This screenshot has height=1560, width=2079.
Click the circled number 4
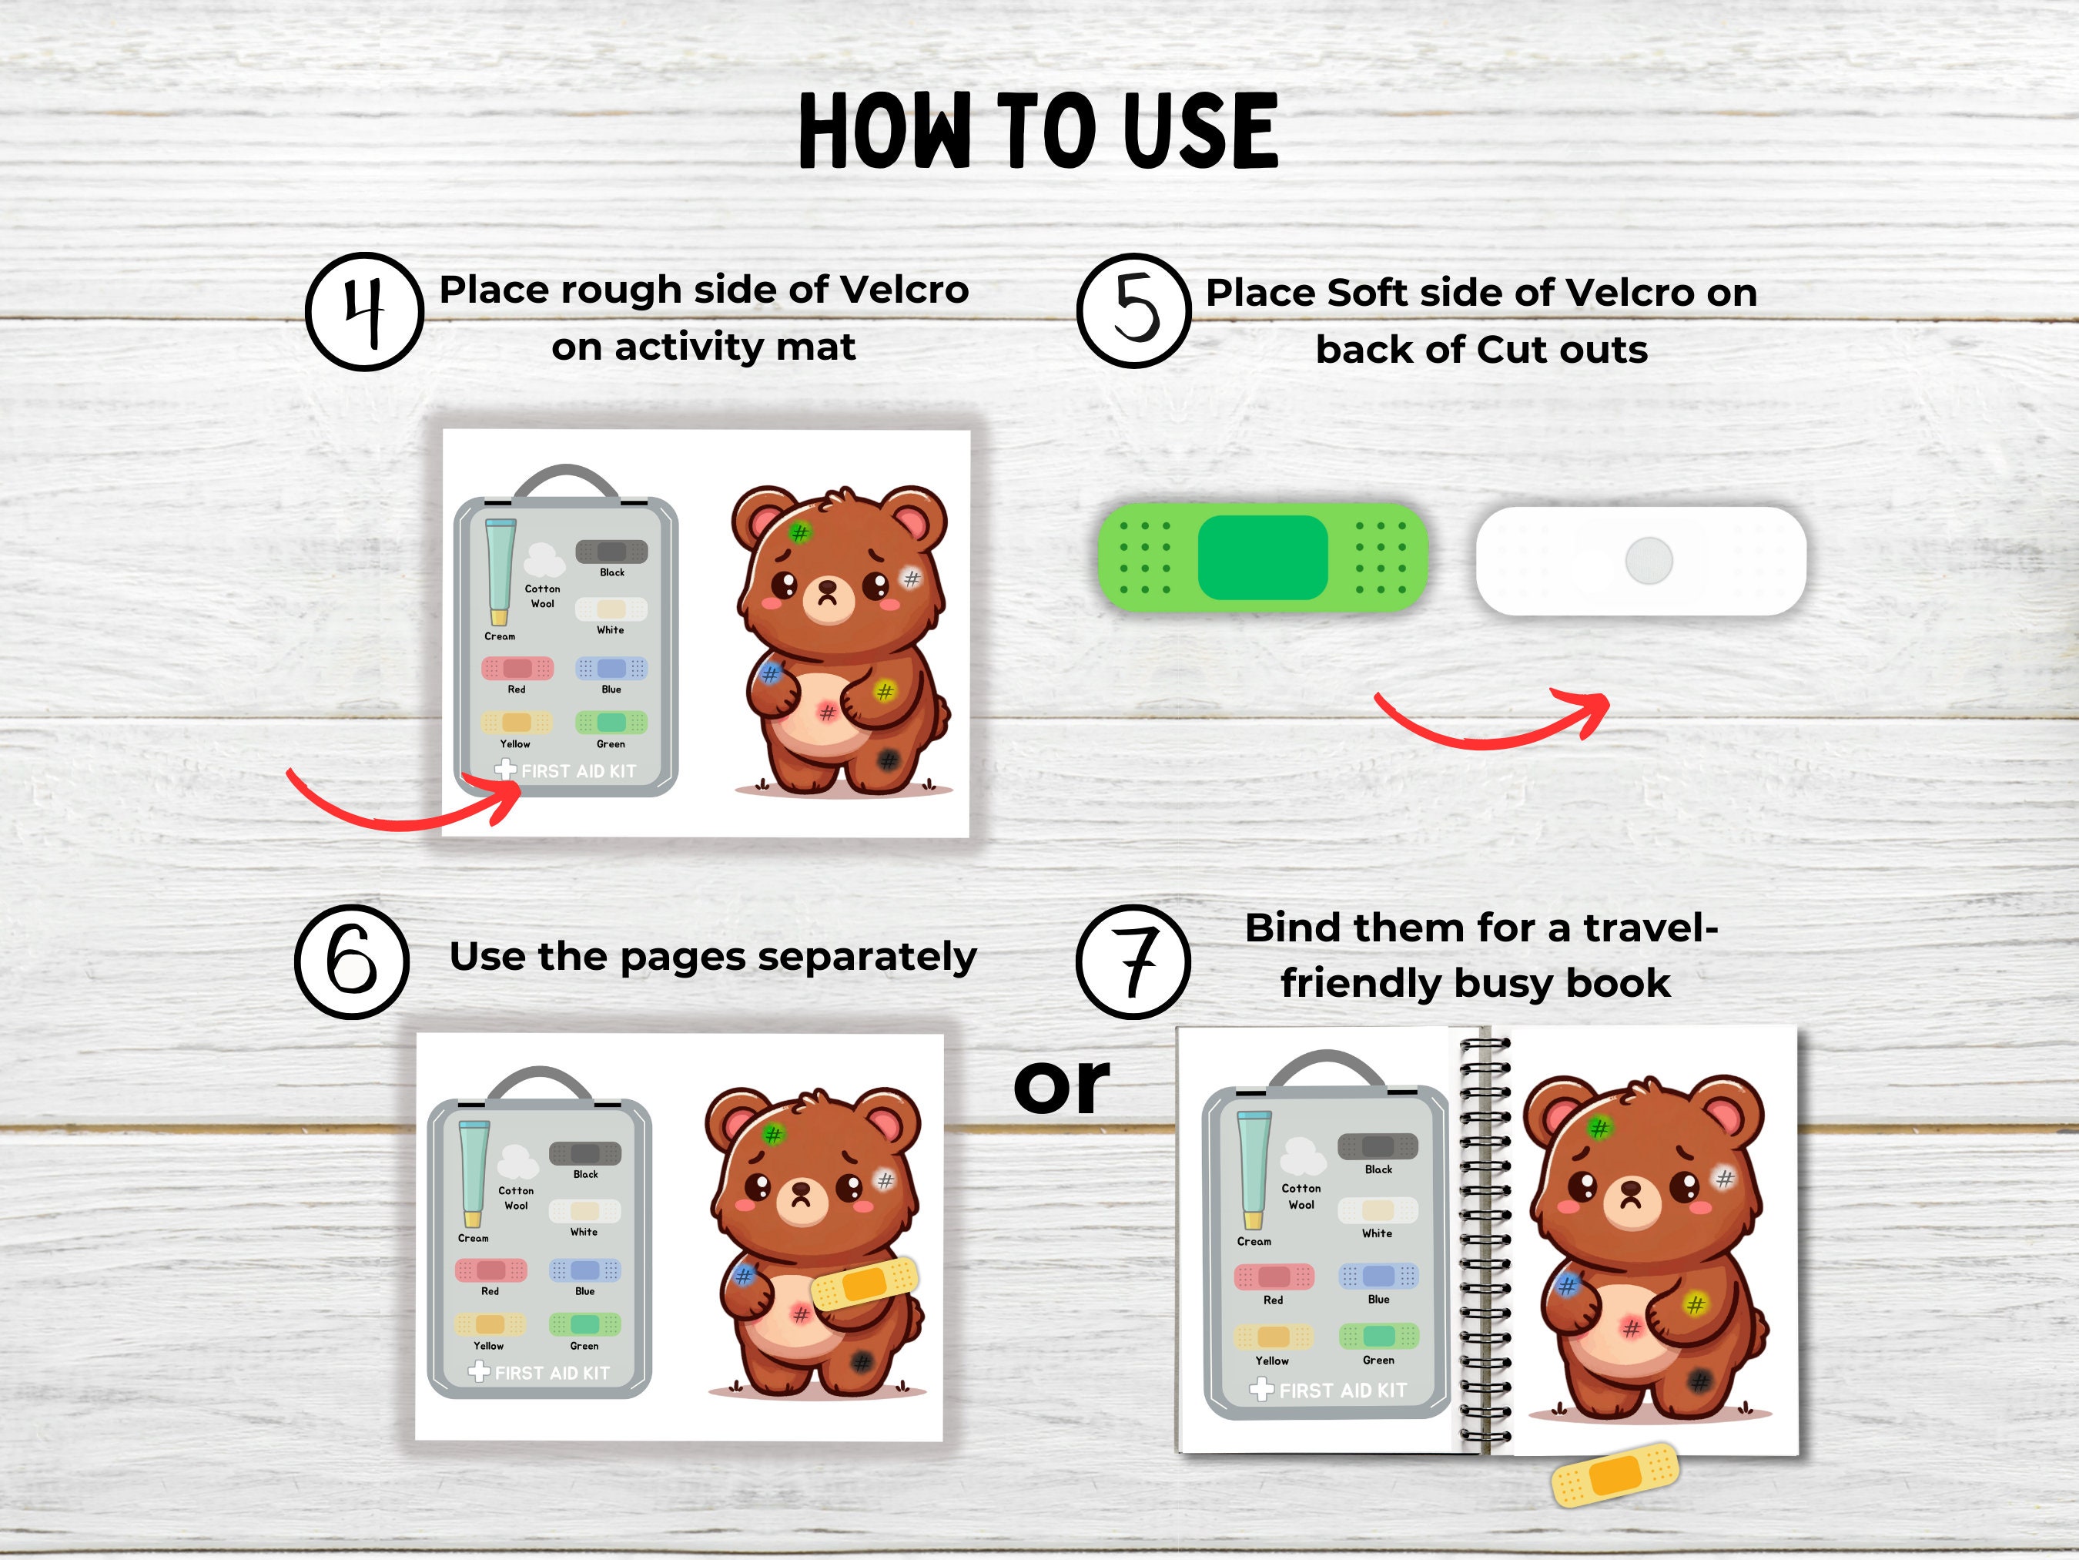coord(365,311)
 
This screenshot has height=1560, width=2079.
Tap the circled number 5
coord(1134,310)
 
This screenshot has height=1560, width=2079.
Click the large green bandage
coord(1264,557)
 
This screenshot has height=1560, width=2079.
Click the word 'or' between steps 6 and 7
coord(1062,1086)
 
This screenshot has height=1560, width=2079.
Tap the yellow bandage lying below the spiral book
coord(1614,1474)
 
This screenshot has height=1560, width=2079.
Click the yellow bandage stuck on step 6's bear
coord(865,1283)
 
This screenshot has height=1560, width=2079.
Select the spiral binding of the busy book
coord(1485,1241)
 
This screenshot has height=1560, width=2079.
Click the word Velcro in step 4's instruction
coord(903,290)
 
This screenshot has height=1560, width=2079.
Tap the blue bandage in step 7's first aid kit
coord(1378,1276)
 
